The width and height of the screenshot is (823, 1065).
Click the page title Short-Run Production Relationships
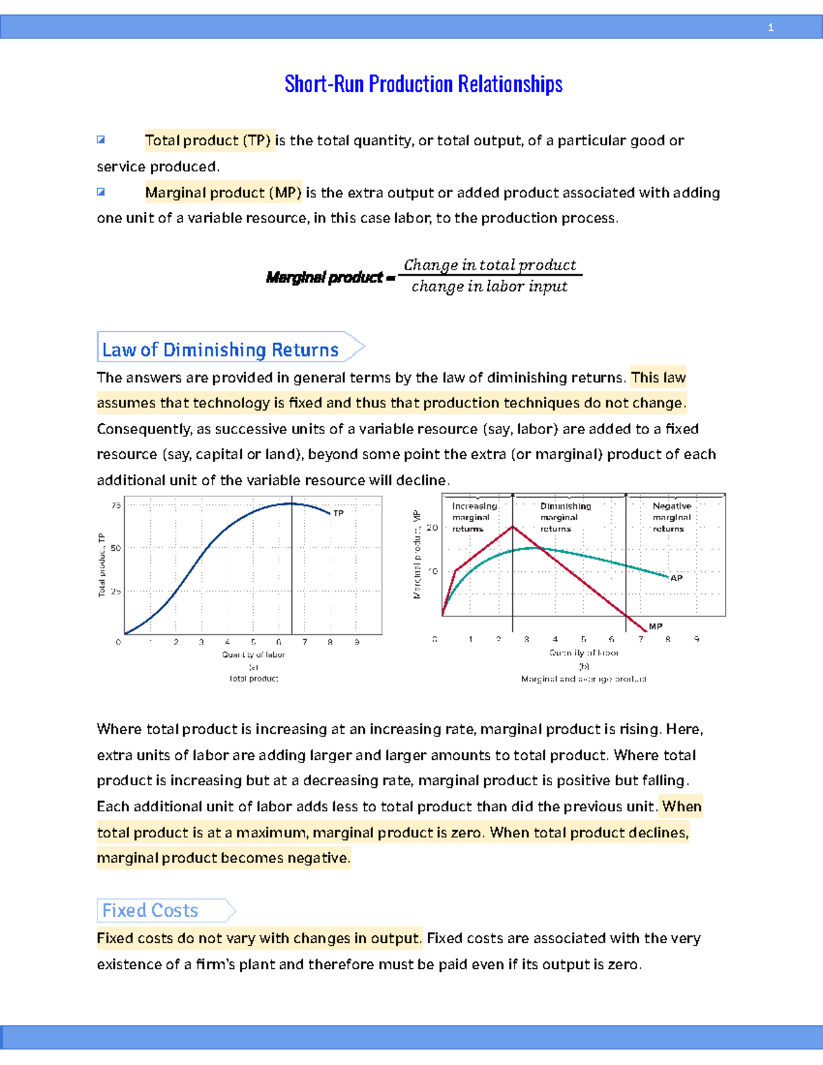[x=423, y=84]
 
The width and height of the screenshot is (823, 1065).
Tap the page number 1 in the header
[x=771, y=27]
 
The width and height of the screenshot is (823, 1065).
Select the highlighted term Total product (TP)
[x=208, y=141]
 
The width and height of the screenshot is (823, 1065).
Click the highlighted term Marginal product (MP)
[x=223, y=193]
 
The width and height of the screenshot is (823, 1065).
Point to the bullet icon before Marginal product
[x=101, y=192]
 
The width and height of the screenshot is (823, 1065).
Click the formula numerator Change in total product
[x=490, y=265]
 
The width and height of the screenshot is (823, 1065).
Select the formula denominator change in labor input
[x=489, y=287]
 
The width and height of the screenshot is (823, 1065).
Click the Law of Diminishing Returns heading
[x=220, y=350]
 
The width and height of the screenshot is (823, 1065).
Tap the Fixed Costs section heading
[x=150, y=911]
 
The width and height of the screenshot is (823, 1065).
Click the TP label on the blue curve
[x=338, y=513]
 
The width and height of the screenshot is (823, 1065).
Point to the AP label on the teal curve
[x=676, y=578]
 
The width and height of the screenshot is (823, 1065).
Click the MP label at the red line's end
[x=655, y=626]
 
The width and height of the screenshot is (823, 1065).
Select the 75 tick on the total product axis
[x=116, y=505]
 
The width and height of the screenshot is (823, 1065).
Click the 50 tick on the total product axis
[x=116, y=548]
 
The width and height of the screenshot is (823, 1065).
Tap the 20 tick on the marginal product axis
[x=432, y=528]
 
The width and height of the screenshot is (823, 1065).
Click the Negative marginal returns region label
[x=671, y=517]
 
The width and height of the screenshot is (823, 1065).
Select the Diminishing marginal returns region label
[x=565, y=517]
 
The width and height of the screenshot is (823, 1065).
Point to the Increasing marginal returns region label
[x=473, y=517]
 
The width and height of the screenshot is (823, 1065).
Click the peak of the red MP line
[x=512, y=527]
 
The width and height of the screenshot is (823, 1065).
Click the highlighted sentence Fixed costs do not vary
[x=259, y=938]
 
